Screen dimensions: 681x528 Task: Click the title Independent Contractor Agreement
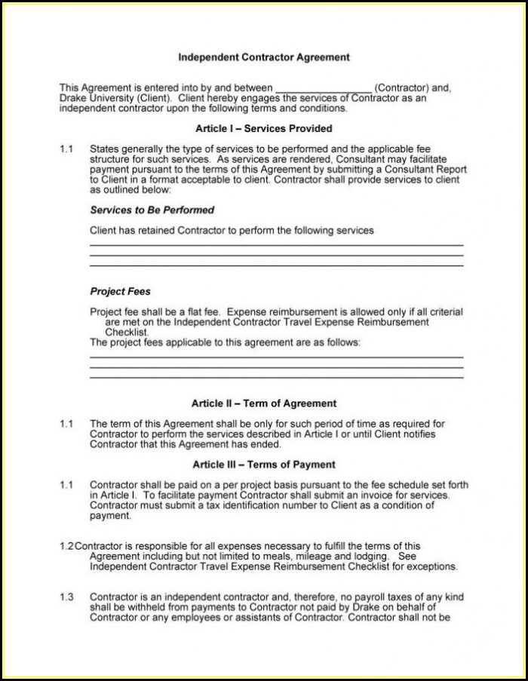tap(263, 57)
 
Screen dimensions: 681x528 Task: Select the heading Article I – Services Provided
tap(263, 129)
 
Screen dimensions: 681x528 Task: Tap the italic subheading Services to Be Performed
tap(152, 210)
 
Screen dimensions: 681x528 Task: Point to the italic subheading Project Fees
tap(121, 291)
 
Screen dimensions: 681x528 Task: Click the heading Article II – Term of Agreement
tap(264, 403)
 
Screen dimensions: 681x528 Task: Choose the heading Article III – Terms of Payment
tap(264, 465)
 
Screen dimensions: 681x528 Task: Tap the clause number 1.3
tap(66, 597)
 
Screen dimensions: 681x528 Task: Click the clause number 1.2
tap(66, 545)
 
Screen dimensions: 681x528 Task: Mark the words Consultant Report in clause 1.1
tap(415, 170)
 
